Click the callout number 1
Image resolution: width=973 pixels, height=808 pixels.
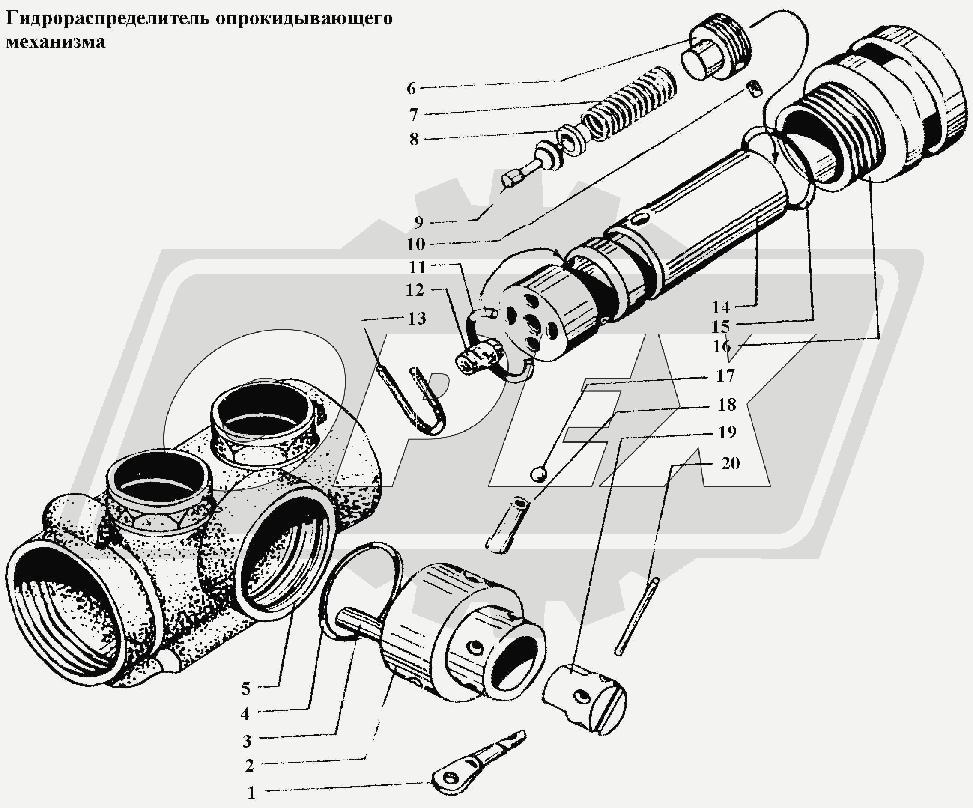[251, 793]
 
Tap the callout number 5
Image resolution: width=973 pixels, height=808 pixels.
[245, 689]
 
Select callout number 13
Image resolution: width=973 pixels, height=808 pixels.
[417, 319]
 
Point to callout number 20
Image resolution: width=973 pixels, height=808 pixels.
[730, 463]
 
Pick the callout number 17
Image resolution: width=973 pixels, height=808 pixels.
[725, 375]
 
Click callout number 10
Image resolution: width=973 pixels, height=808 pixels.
[415, 244]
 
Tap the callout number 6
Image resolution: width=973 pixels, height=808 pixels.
[412, 89]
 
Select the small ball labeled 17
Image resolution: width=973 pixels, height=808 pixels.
[539, 474]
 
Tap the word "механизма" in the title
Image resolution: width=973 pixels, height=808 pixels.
[56, 42]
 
